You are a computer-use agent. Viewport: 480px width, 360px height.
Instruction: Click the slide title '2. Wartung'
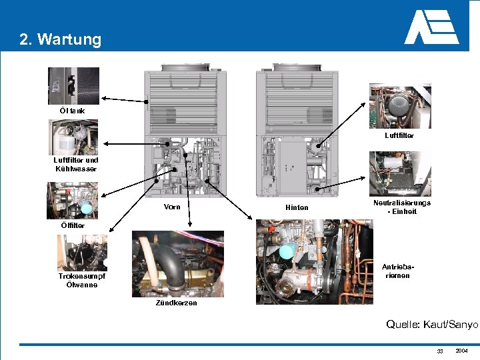tap(61, 39)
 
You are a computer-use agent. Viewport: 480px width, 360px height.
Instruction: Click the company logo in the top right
tap(431, 27)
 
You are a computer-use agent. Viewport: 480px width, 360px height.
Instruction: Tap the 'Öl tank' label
tap(63, 110)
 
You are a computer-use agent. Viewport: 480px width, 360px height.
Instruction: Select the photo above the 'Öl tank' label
tap(73, 85)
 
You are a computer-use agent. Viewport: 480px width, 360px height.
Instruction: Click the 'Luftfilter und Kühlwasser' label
tap(76, 164)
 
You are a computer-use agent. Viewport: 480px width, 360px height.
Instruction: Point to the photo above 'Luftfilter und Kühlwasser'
tap(73, 137)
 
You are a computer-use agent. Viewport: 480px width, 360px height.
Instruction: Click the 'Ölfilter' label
tap(73, 225)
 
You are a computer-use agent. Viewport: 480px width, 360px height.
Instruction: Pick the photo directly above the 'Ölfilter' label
tap(72, 201)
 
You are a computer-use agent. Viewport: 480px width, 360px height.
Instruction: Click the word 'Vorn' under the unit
tap(172, 207)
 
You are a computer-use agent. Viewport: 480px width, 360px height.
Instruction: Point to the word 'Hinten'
tap(297, 207)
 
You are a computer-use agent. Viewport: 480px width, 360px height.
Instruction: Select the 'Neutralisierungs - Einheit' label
tap(401, 207)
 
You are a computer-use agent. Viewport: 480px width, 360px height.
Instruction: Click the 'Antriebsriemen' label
tap(396, 271)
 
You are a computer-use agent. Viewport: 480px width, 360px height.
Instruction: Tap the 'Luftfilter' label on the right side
tap(399, 135)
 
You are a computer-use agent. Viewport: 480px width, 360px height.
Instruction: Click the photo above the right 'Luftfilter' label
tap(400, 105)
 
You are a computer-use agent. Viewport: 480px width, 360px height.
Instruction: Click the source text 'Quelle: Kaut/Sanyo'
tap(432, 324)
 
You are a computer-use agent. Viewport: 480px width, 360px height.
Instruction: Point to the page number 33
tap(439, 351)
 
